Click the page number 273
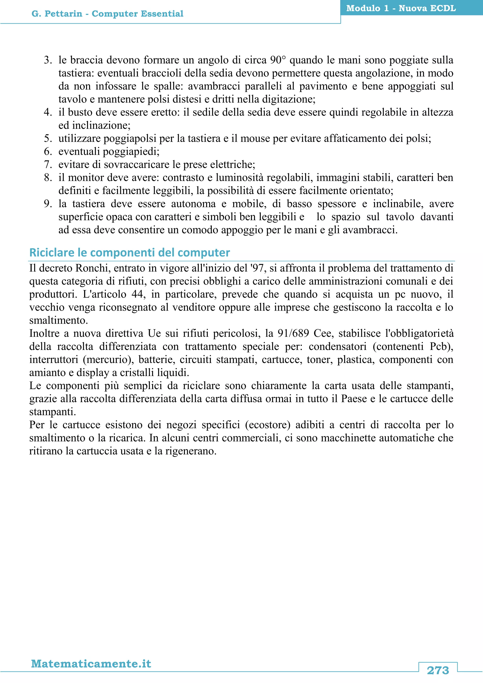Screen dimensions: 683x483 coord(437,671)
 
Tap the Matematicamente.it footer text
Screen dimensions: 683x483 coord(91,664)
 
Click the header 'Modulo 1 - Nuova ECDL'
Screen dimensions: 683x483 coord(401,8)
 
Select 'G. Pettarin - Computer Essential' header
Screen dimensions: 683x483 coord(107,14)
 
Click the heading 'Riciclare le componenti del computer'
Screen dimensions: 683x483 coord(130,253)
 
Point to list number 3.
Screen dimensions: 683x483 coord(48,60)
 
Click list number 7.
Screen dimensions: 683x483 coord(48,165)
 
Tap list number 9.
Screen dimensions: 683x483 coord(48,204)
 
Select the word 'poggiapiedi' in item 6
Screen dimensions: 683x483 coord(131,152)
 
